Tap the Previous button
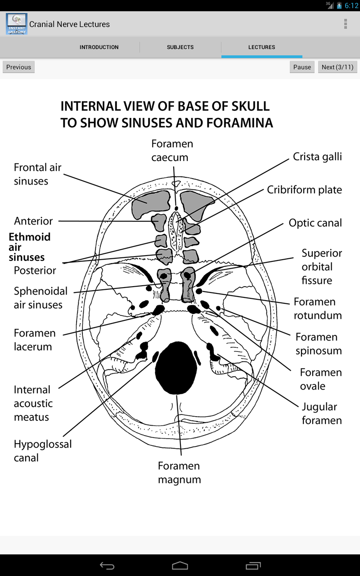[x=18, y=67]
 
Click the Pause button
[x=302, y=67]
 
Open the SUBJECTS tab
[x=180, y=47]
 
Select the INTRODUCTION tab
[x=99, y=47]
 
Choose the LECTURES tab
[x=261, y=47]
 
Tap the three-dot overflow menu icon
[x=345, y=24]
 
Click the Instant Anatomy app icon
[x=17, y=24]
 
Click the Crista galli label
[x=317, y=157]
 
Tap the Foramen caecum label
[x=172, y=150]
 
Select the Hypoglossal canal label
[x=42, y=451]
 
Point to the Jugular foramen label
[x=321, y=414]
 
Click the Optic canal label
[x=315, y=223]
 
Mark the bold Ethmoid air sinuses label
[x=29, y=247]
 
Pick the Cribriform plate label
[x=304, y=190]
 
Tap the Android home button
[x=180, y=565]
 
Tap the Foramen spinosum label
[x=318, y=344]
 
